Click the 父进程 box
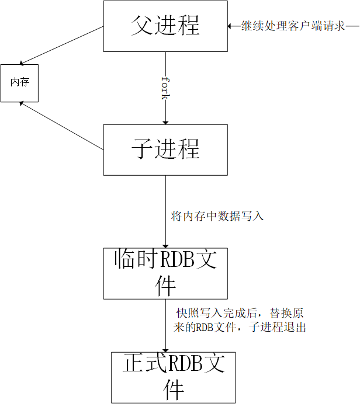(x=165, y=26)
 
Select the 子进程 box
(x=165, y=149)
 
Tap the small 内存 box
(x=19, y=83)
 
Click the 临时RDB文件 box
(x=165, y=273)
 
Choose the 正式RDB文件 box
(x=173, y=377)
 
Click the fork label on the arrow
(x=165, y=88)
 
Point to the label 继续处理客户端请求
(x=294, y=26)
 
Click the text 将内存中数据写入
(x=217, y=217)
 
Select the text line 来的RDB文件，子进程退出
(x=240, y=328)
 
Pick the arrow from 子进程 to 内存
(x=61, y=126)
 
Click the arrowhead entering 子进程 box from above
(x=165, y=121)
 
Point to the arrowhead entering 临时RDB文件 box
(x=165, y=245)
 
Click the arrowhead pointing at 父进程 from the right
(x=230, y=26)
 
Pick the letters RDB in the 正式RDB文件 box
(x=185, y=364)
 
